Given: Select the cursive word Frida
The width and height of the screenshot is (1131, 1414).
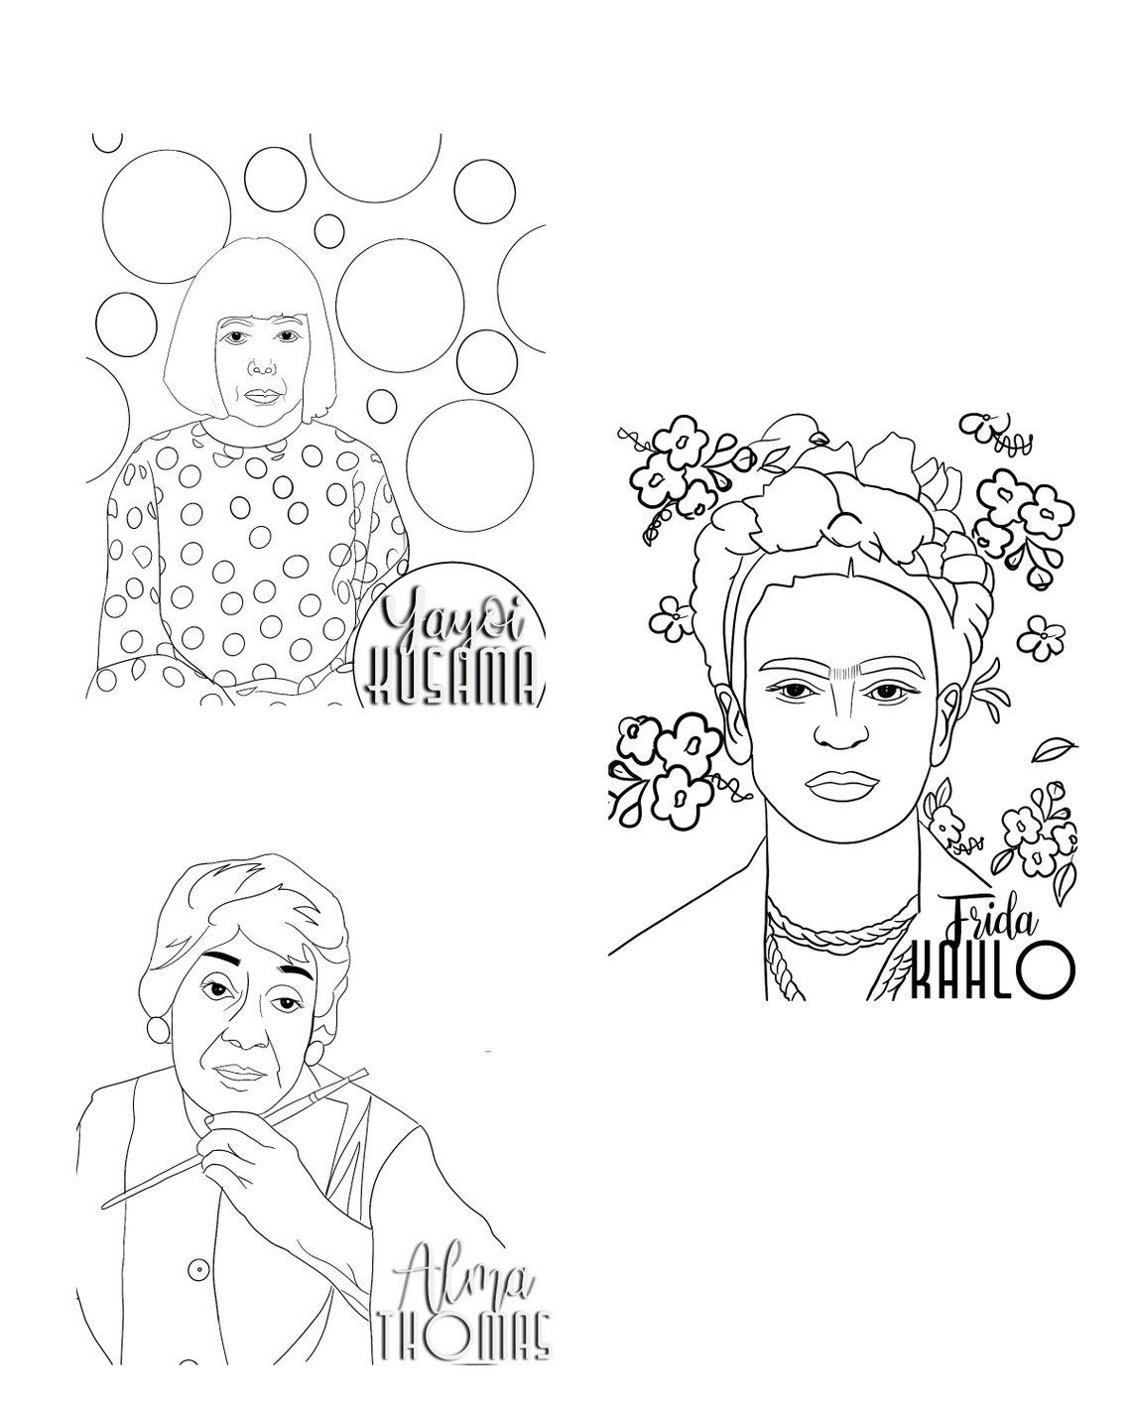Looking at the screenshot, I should click(991, 919).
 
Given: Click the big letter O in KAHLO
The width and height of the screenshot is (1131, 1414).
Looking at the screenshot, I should click(1046, 970).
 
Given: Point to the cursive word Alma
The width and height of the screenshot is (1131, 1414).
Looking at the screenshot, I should click(464, 1279).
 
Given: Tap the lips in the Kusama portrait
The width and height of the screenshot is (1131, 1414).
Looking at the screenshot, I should click(261, 395).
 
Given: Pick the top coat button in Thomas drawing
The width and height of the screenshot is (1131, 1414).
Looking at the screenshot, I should click(198, 1269).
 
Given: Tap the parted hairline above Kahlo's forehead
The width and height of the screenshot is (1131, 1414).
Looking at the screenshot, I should click(850, 570).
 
